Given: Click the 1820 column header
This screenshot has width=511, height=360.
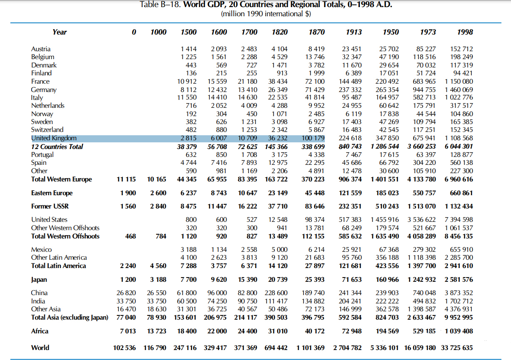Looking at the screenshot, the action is pyautogui.click(x=280, y=32).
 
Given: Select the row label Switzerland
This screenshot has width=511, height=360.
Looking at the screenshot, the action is pyautogui.click(x=47, y=129).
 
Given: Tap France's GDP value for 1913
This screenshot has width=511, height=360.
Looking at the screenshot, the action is pyautogui.click(x=350, y=82).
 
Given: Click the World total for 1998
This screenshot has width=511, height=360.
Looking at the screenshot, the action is pyautogui.click(x=457, y=348).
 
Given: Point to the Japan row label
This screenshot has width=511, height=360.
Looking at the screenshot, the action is pyautogui.click(x=39, y=280).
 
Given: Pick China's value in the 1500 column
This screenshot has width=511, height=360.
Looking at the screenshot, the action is pyautogui.click(x=187, y=293).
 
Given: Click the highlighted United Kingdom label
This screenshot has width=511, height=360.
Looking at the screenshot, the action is pyautogui.click(x=54, y=138).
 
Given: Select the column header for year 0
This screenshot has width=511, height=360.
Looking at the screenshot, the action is pyautogui.click(x=134, y=32).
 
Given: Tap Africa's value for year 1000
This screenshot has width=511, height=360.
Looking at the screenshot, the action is pyautogui.click(x=157, y=331).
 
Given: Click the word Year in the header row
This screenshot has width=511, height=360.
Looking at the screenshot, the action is pyautogui.click(x=60, y=32).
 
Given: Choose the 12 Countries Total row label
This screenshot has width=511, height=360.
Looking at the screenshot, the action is pyautogui.click(x=57, y=146).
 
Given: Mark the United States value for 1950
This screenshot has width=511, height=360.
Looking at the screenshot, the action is pyautogui.click(x=385, y=220).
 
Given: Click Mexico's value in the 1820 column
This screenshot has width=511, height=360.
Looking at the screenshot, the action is pyautogui.click(x=280, y=249).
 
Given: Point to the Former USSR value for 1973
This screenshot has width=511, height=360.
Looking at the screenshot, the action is pyautogui.click(x=422, y=206).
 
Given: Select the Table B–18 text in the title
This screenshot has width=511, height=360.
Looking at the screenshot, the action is pyautogui.click(x=160, y=4).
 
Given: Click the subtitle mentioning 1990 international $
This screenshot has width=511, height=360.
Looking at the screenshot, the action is pyautogui.click(x=266, y=14).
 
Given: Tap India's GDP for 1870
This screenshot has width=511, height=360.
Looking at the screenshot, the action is pyautogui.click(x=313, y=301).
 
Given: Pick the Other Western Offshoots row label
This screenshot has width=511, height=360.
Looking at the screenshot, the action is pyautogui.click(x=65, y=228).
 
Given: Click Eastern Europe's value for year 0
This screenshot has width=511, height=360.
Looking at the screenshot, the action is pyautogui.click(x=128, y=193).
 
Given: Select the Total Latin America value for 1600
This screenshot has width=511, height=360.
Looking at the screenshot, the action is pyautogui.click(x=219, y=266).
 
